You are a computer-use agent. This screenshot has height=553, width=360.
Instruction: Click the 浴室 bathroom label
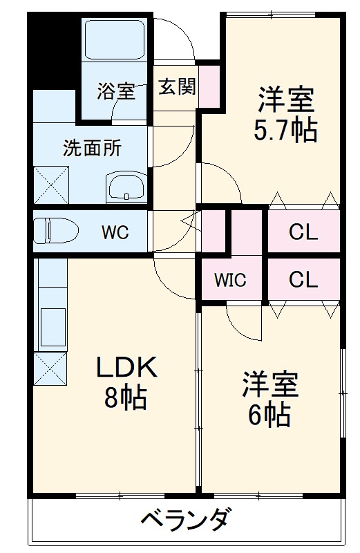click(x=115, y=91)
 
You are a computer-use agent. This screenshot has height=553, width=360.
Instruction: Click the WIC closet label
click(x=229, y=281)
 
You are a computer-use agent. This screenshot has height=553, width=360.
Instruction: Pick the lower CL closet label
click(x=303, y=280)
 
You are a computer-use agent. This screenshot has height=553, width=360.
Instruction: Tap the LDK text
click(x=126, y=368)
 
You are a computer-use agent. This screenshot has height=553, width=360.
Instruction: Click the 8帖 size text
click(x=125, y=397)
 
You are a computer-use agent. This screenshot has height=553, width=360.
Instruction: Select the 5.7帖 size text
click(x=285, y=130)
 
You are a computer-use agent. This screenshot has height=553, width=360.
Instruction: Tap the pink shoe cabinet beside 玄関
click(x=209, y=86)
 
